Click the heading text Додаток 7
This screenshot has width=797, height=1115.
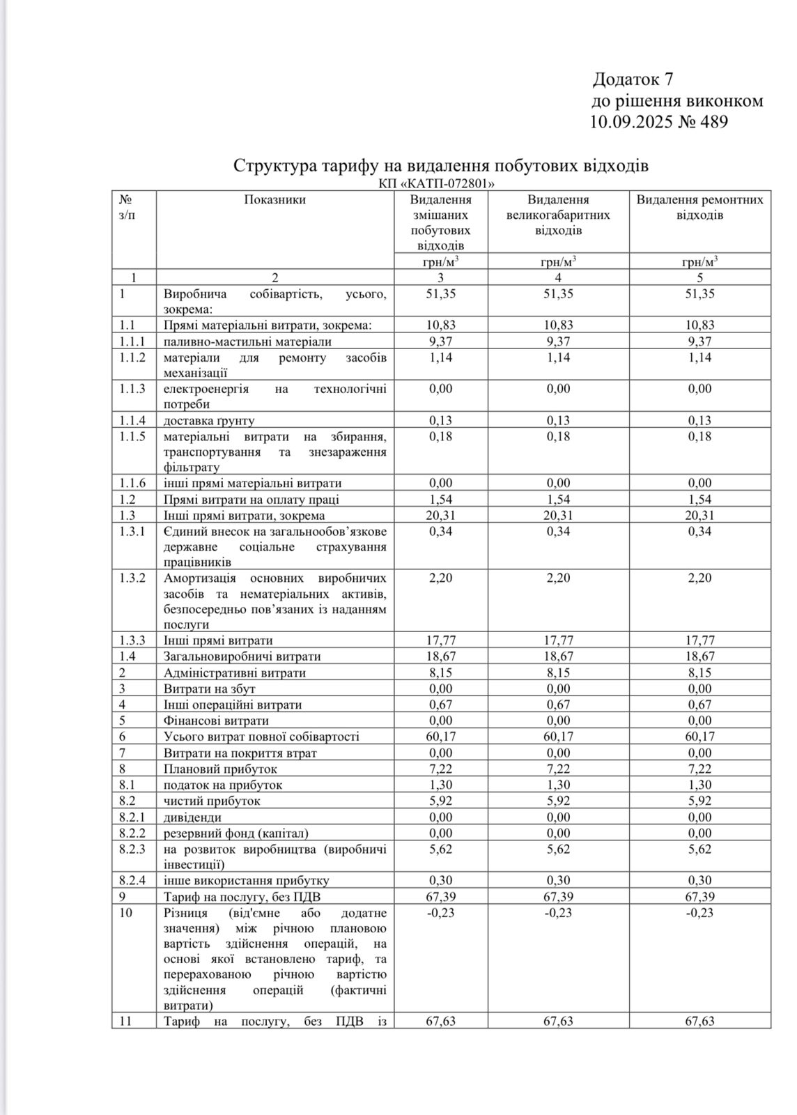click(x=633, y=79)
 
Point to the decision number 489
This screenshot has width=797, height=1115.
click(x=711, y=123)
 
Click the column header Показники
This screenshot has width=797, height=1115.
click(x=274, y=200)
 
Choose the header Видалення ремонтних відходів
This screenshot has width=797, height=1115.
click(x=699, y=207)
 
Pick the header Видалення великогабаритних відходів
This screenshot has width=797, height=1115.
click(x=558, y=215)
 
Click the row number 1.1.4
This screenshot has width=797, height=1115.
click(x=132, y=420)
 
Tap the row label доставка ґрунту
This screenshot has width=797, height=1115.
click(x=209, y=420)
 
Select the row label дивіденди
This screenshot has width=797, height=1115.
click(x=193, y=817)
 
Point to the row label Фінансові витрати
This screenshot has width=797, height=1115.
click(x=216, y=721)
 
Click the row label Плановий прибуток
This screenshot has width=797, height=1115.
click(x=220, y=769)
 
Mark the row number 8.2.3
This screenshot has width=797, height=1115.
click(x=132, y=849)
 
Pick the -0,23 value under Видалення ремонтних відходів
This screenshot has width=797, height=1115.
click(x=699, y=913)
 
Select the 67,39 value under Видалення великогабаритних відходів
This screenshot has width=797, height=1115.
click(x=558, y=897)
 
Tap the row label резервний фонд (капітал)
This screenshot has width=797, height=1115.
click(x=236, y=833)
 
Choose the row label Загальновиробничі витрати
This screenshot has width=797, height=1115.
click(x=242, y=656)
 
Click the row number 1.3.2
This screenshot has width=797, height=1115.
click(x=132, y=578)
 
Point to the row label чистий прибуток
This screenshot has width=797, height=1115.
click(x=212, y=801)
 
